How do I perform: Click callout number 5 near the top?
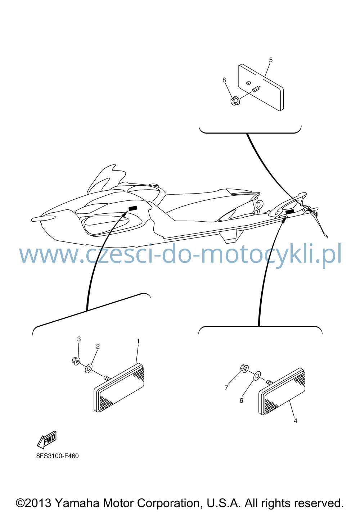[271, 60]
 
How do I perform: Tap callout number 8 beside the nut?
[224, 80]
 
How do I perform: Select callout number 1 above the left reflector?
[138, 341]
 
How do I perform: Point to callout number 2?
[98, 346]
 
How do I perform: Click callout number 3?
[79, 339]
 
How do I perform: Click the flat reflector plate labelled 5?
[261, 87]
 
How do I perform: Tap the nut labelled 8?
[234, 101]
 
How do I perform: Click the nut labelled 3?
[76, 361]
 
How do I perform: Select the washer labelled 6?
[257, 375]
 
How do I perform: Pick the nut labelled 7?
[244, 368]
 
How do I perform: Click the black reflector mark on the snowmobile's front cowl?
[133, 208]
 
